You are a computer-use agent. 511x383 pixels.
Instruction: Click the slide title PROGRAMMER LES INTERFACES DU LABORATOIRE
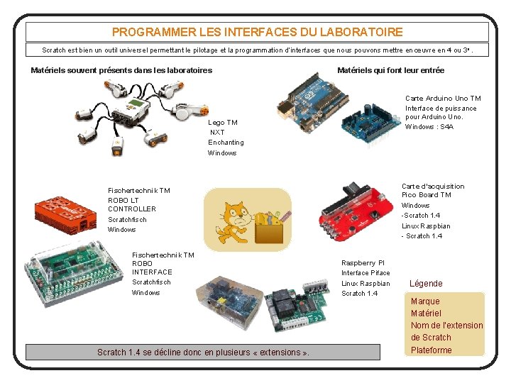coord(257,32)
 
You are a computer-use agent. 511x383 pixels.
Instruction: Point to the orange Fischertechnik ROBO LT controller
coord(65,213)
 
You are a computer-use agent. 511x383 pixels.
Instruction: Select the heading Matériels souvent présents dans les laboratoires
coord(121,70)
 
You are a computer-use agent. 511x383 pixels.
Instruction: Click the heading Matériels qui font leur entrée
coord(390,70)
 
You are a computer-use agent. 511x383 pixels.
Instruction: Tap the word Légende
coord(426,283)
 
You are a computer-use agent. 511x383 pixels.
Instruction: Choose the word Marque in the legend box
coord(425,301)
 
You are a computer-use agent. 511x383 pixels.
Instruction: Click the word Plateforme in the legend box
coord(431,350)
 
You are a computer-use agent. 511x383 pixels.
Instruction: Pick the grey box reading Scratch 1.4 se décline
coord(203,352)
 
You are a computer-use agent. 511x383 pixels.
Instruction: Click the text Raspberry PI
coord(363,262)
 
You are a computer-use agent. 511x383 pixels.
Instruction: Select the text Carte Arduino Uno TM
coord(442,99)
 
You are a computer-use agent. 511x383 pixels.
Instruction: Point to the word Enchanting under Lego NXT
coord(226,143)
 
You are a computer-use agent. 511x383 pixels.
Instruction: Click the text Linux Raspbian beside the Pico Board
coord(426,226)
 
